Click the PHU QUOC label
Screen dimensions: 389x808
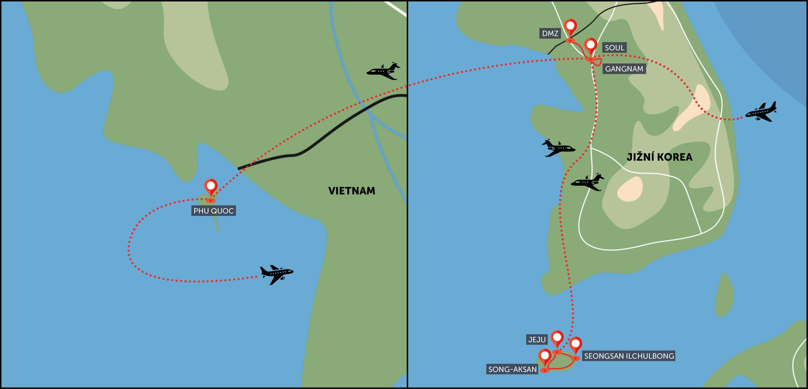(213, 211)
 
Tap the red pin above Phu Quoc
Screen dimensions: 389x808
(211, 186)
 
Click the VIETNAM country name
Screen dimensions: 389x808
(352, 191)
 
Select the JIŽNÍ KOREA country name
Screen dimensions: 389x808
(659, 157)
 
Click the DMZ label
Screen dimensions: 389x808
(550, 33)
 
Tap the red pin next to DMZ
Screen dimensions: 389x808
(570, 27)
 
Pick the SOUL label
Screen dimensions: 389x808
(614, 48)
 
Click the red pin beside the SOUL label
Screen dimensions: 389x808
(591, 46)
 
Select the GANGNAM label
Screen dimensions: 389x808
(624, 69)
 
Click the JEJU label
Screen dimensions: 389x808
(537, 340)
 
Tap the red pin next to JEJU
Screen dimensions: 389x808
(557, 338)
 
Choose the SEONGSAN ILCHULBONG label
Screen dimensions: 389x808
(629, 356)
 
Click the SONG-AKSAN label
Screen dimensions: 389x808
(512, 369)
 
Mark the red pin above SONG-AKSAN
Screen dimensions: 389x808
(545, 356)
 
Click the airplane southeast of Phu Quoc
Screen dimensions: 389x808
(276, 274)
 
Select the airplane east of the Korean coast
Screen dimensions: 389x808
(761, 112)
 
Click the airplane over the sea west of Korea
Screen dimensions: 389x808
(558, 148)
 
